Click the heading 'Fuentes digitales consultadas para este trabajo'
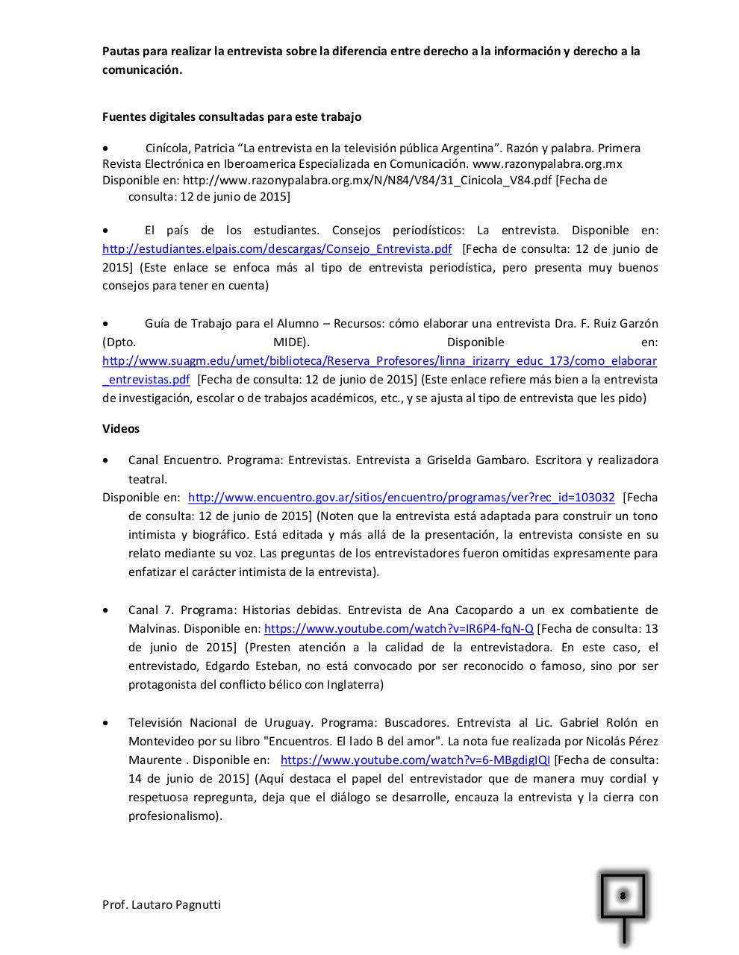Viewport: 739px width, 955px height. pos(231,117)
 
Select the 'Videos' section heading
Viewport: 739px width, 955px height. pos(120,429)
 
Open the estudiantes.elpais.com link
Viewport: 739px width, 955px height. pos(277,249)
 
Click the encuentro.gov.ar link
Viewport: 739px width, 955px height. pos(401,498)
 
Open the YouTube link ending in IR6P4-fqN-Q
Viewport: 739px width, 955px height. pos(399,629)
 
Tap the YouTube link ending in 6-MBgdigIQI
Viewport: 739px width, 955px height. pos(415,760)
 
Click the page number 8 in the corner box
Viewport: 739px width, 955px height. pos(622,895)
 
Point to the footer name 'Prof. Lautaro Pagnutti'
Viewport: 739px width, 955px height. pos(161,905)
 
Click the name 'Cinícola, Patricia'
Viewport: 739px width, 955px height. pos(190,148)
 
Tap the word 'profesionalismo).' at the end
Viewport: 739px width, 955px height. pos(175,816)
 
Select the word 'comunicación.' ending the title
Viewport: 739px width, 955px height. pos(142,70)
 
